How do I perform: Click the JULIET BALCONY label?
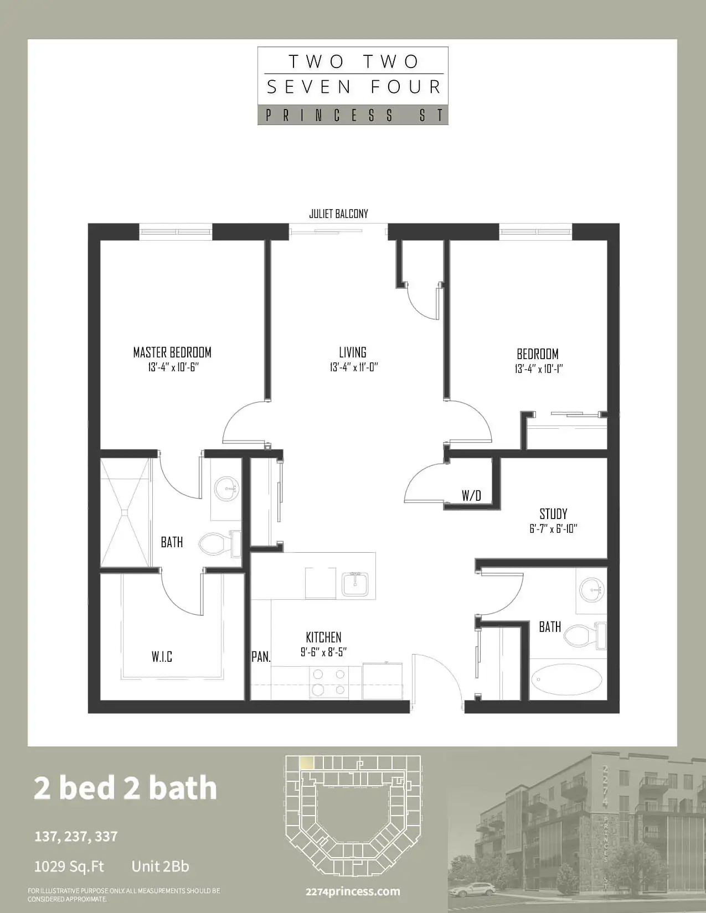(x=338, y=214)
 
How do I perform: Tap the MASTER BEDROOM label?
(x=172, y=352)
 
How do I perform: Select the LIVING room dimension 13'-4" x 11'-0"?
(x=354, y=367)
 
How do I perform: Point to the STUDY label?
(x=553, y=514)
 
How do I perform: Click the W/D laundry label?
(x=471, y=496)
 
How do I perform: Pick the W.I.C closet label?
(x=162, y=657)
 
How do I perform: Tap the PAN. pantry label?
(x=261, y=657)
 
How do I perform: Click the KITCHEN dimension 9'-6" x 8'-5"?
(x=323, y=652)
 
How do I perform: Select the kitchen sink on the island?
(x=355, y=584)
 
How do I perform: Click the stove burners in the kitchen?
(x=329, y=682)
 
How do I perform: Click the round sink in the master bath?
(x=226, y=489)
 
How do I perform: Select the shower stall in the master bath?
(x=125, y=512)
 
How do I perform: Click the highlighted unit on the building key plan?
(x=307, y=762)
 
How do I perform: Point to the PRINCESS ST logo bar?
(x=353, y=115)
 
